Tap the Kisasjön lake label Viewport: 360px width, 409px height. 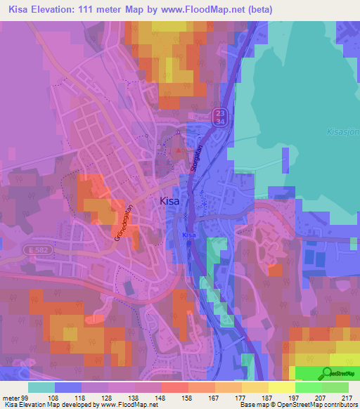tap(343, 130)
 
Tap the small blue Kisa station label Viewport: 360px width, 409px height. tap(188, 235)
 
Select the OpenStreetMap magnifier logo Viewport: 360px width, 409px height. tap(327, 375)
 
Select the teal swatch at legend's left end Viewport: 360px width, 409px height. tap(41, 387)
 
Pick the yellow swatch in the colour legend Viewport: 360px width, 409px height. tap(281, 387)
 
